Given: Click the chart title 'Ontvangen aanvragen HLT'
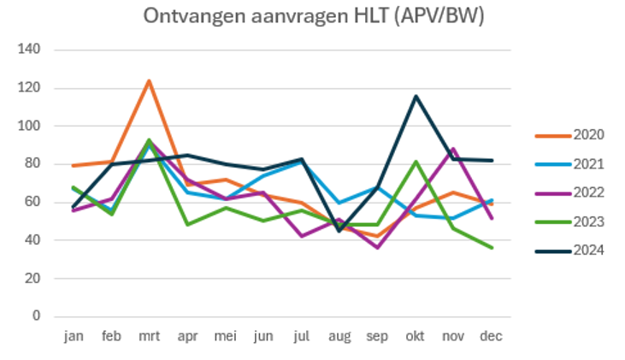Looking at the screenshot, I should click(x=314, y=16).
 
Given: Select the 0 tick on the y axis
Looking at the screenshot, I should click(x=36, y=316).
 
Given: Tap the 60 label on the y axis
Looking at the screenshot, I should click(x=32, y=202).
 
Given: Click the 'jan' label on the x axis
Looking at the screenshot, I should click(x=74, y=337).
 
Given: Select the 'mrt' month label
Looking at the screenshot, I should click(x=149, y=337).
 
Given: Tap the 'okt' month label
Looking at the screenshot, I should click(x=416, y=337).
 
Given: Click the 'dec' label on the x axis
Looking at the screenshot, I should click(x=491, y=337).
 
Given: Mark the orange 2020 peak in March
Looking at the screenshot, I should click(x=149, y=81).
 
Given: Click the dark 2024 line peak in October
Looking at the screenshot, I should click(x=416, y=96).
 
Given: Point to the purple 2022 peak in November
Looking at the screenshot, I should click(x=453, y=149).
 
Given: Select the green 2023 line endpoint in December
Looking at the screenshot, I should click(x=491, y=248).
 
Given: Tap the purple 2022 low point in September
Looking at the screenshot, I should click(x=378, y=247).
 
